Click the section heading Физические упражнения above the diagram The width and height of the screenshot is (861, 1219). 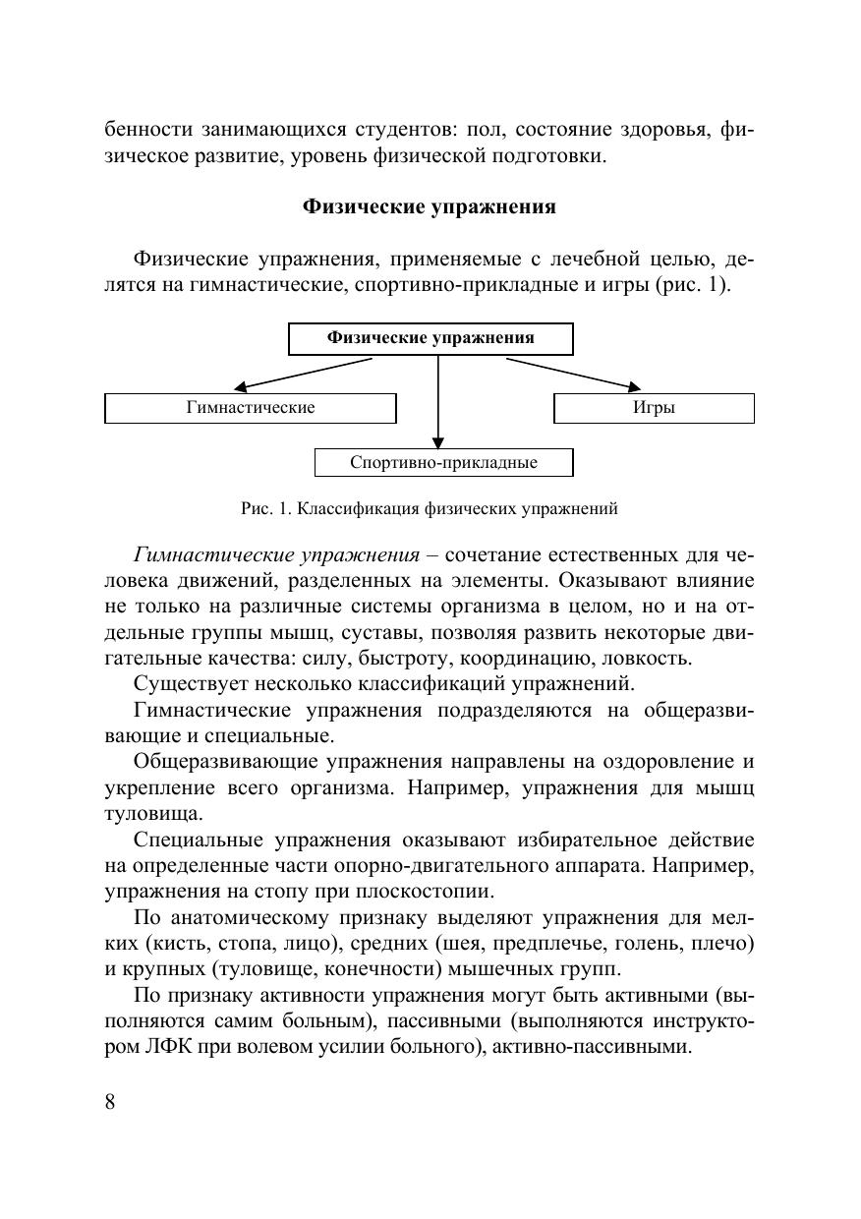click(430, 207)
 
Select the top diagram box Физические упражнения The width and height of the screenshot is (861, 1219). click(430, 338)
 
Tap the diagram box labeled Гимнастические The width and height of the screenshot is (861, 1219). click(250, 407)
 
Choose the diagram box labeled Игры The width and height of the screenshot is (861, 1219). click(654, 407)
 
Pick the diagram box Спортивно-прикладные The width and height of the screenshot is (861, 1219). click(443, 462)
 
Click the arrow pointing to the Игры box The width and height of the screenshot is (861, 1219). click(575, 375)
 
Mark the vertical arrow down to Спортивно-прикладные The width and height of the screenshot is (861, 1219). click(438, 403)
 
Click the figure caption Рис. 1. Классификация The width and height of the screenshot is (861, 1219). click(429, 509)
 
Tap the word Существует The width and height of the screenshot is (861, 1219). click(190, 683)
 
